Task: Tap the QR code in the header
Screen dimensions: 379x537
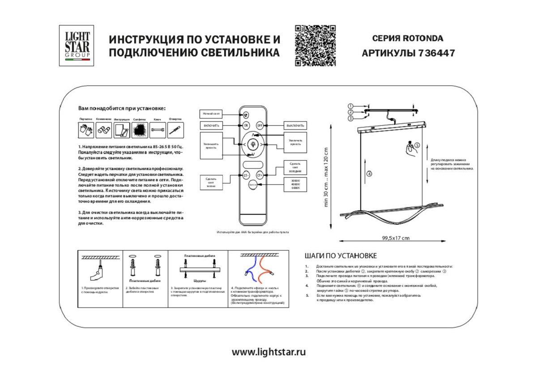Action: tap(315, 46)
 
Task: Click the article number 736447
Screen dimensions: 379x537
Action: tap(436, 53)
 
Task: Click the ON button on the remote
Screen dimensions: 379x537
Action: tap(246, 126)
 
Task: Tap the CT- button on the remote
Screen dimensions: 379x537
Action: tap(246, 175)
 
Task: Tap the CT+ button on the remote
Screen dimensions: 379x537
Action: tap(260, 175)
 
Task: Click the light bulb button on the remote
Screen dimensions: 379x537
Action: tap(253, 144)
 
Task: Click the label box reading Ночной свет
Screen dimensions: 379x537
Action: tap(211, 114)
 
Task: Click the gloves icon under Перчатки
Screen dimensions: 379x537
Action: tap(86, 130)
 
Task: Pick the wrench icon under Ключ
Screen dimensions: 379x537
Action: tap(157, 130)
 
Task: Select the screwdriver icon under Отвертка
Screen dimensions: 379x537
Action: tap(175, 130)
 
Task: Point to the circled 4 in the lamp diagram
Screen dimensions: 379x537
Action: tap(369, 174)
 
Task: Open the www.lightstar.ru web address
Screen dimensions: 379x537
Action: tap(268, 352)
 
